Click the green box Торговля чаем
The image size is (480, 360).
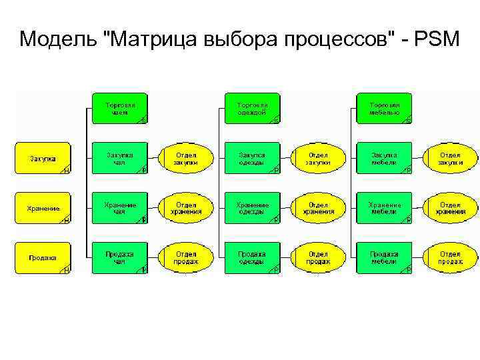[x=120, y=109]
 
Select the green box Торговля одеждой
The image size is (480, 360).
[x=253, y=109]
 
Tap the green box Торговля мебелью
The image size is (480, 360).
[x=385, y=109]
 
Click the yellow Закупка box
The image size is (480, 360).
[x=43, y=159]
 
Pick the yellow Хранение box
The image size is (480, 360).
[x=43, y=209]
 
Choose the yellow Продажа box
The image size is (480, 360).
[x=43, y=258]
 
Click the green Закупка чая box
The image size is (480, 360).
[x=120, y=159]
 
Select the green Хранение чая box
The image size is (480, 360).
[x=120, y=209]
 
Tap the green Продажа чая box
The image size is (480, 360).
[x=120, y=258]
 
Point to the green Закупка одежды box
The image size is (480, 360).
[x=253, y=159]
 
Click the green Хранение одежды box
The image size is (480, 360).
[x=253, y=209]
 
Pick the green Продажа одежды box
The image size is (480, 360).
[x=253, y=258]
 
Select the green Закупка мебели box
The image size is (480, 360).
[x=385, y=159]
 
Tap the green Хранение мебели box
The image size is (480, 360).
[x=385, y=209]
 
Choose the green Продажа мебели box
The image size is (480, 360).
[x=385, y=258]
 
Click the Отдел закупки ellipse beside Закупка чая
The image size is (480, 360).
[x=186, y=159]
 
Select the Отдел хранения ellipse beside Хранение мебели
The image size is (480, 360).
[x=451, y=209]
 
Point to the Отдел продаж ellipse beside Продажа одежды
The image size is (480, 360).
[x=318, y=258]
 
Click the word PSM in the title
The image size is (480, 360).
[x=437, y=39]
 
